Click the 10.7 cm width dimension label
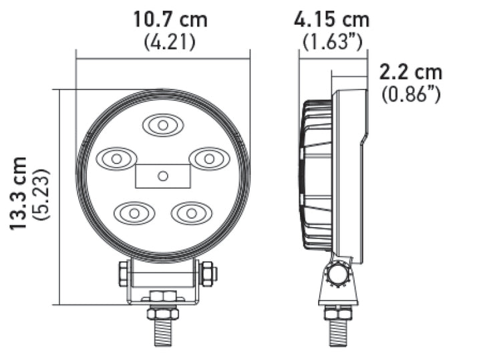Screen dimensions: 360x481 (x=170, y=19)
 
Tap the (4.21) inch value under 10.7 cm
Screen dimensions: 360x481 (x=170, y=42)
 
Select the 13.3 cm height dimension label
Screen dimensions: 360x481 (x=19, y=194)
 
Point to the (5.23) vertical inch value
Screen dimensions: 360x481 (x=43, y=194)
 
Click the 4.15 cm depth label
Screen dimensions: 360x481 (x=331, y=19)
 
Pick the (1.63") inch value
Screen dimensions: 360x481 (x=332, y=42)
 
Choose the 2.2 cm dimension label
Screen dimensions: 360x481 (x=410, y=71)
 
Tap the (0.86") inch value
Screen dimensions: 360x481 (x=410, y=94)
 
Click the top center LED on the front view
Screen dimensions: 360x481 (x=161, y=125)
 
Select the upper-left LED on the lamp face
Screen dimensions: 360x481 (x=116, y=159)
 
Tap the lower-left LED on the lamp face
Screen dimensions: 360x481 (x=134, y=213)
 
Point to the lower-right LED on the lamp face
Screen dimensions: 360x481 (x=191, y=213)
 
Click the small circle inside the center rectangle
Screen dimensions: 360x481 (x=162, y=176)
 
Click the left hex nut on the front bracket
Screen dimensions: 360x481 (x=124, y=274)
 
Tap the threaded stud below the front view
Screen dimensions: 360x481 (x=162, y=327)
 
